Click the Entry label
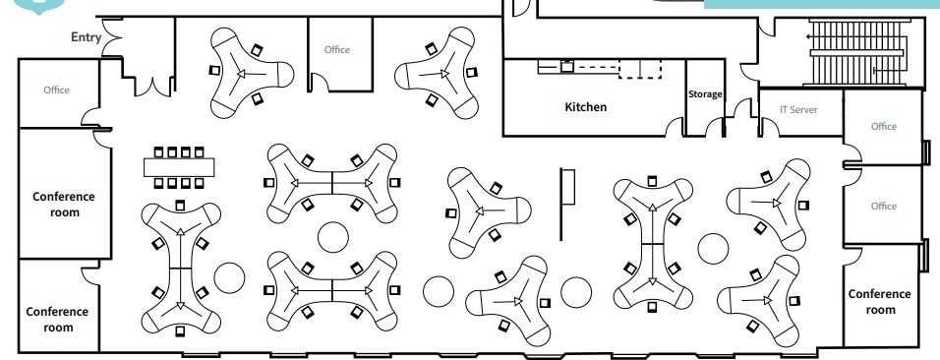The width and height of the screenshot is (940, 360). tap(87, 37)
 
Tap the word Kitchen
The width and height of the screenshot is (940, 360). tap(585, 106)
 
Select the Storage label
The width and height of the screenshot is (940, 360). tap(705, 94)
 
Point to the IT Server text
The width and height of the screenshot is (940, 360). tap(797, 109)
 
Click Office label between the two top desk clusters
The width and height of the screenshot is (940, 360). tap(337, 49)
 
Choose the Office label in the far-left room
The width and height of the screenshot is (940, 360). tap(57, 90)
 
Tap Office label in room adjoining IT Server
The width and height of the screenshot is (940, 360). tap(883, 126)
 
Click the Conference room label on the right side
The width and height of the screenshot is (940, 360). tap(879, 301)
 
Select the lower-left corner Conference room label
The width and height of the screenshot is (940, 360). tap(57, 319)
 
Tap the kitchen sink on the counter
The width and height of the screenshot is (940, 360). tap(567, 67)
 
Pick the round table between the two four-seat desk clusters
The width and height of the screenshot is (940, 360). tap(333, 237)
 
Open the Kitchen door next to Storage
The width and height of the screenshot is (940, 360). tap(675, 127)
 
